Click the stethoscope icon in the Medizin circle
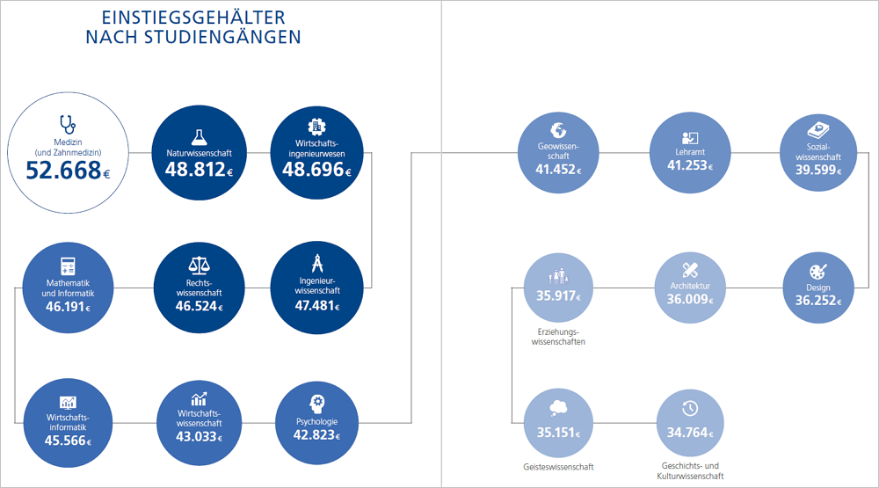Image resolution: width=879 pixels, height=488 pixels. click(67, 124)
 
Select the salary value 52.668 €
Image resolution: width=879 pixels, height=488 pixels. click(69, 171)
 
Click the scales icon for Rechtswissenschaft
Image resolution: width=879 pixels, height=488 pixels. click(200, 266)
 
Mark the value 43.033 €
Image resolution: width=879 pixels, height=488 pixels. click(200, 435)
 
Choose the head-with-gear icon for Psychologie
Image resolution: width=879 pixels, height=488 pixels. click(316, 402)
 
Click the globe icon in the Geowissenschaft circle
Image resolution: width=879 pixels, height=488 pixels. click(557, 127)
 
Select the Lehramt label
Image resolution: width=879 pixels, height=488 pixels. click(690, 152)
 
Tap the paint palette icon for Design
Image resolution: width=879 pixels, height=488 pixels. click(817, 270)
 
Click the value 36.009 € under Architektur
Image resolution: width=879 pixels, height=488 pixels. click(690, 299)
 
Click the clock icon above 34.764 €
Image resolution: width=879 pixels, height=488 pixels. click(690, 408)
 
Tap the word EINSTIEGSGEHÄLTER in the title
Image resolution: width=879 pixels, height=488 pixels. click(193, 18)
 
